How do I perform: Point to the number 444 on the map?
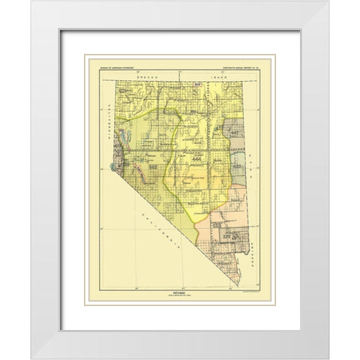tap(196, 160)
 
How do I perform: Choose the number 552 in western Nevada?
tap(153, 166)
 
